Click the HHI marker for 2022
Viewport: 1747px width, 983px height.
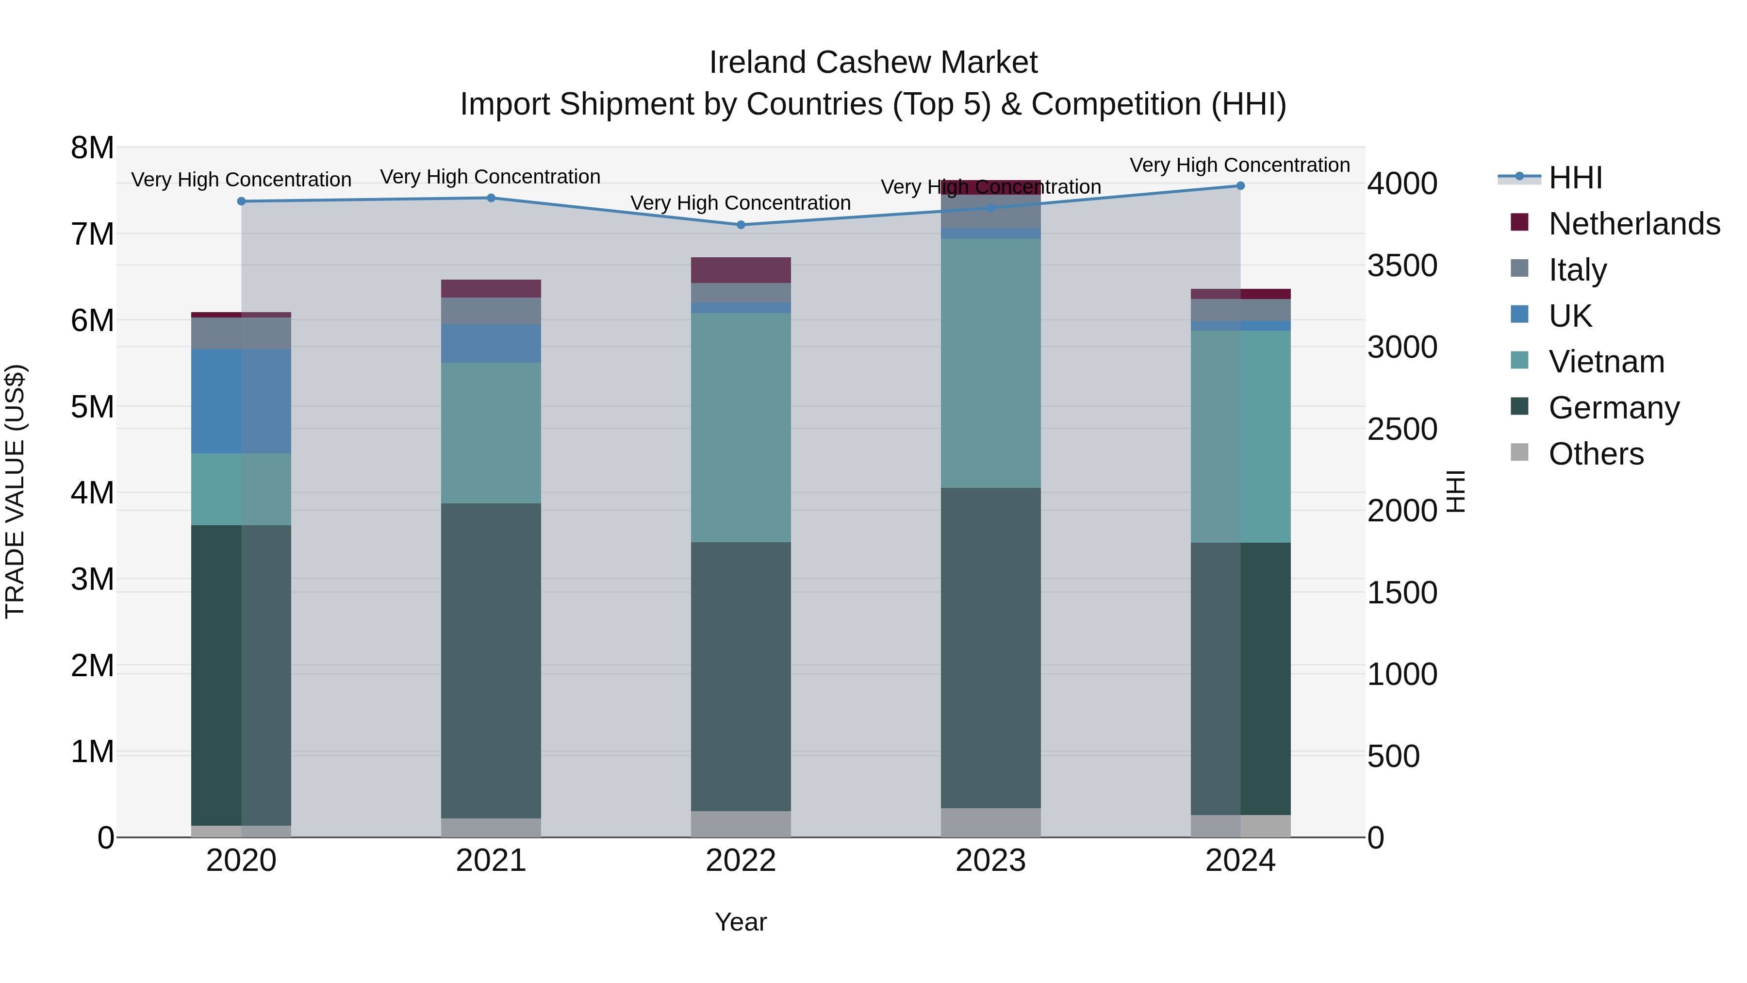tap(741, 225)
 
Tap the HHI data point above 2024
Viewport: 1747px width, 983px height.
tap(1240, 186)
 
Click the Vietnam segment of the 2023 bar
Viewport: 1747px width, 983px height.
tap(991, 363)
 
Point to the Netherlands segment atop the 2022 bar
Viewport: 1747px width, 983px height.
tap(741, 270)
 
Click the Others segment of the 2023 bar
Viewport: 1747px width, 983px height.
tap(991, 822)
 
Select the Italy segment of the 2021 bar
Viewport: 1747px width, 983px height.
tap(491, 311)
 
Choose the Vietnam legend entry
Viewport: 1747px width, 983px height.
tap(1606, 362)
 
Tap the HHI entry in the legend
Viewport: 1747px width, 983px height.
tap(1575, 178)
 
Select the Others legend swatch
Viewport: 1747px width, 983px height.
tap(1520, 452)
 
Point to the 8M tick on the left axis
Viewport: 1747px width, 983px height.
tap(93, 148)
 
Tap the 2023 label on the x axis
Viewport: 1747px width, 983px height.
tap(991, 861)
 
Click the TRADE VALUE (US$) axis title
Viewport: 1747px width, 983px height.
tap(15, 491)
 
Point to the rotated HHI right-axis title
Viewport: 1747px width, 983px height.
tap(1456, 491)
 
